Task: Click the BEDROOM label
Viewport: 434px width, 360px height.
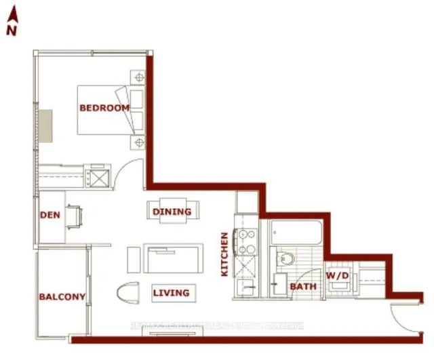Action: pyautogui.click(x=104, y=108)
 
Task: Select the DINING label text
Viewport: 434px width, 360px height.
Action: pyautogui.click(x=172, y=212)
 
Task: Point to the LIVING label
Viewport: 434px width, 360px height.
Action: pyautogui.click(x=170, y=293)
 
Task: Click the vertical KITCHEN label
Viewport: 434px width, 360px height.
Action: pyautogui.click(x=224, y=254)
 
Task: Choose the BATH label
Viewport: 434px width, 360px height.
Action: pyautogui.click(x=303, y=287)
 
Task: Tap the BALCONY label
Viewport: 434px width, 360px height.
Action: pyautogui.click(x=62, y=297)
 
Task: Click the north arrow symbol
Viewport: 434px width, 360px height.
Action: pyautogui.click(x=12, y=14)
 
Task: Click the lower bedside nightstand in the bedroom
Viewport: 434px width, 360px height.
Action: pyautogui.click(x=139, y=142)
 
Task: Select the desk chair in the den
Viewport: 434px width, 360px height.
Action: pyautogui.click(x=77, y=217)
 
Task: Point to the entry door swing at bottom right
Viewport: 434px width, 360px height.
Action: pyautogui.click(x=403, y=319)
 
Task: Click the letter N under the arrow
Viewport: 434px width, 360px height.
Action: pyautogui.click(x=11, y=31)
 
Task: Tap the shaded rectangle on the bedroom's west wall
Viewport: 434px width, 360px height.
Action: pyautogui.click(x=46, y=126)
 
